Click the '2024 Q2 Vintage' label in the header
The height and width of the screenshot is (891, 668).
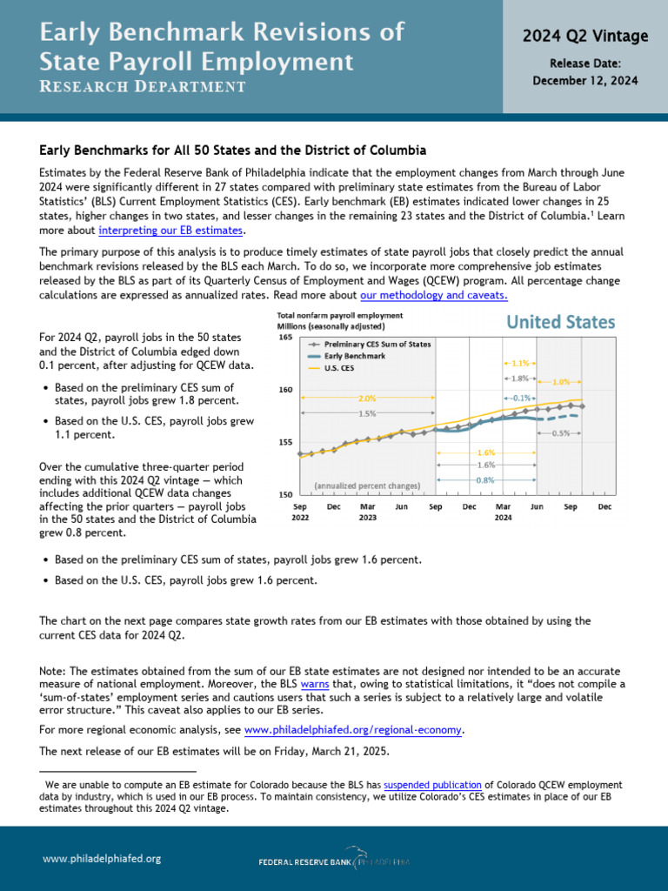[584, 36]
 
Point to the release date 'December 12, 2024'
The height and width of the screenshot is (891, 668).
[584, 80]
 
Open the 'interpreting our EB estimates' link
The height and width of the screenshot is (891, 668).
[171, 231]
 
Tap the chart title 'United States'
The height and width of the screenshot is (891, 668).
[560, 322]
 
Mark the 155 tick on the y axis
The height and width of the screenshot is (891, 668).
[285, 442]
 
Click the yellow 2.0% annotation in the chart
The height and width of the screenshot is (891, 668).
[366, 399]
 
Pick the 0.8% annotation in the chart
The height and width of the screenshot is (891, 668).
[485, 479]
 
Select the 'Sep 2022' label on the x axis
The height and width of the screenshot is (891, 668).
[300, 512]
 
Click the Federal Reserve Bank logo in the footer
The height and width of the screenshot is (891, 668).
[334, 860]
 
